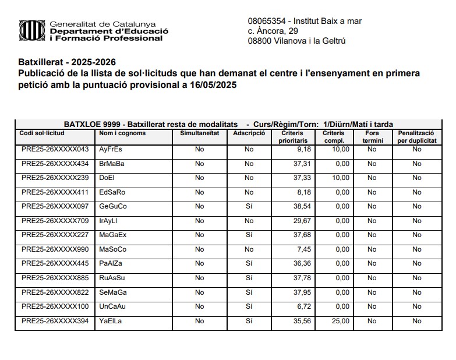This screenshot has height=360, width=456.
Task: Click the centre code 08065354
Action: pos(267,21)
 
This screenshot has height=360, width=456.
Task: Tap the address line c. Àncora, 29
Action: pos(273,30)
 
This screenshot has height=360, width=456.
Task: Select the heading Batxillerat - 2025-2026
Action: pos(67,62)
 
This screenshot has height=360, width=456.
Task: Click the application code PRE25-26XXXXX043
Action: pos(55,150)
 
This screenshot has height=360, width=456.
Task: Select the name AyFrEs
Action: pos(111,150)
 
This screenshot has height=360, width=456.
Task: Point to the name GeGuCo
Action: pos(113,207)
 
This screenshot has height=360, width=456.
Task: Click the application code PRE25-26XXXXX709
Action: pos(55,221)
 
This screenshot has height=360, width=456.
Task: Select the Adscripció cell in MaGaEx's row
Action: pos(249,235)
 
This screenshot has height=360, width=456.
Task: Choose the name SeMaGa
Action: pos(114,292)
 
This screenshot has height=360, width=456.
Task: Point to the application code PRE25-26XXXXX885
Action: pos(55,278)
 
